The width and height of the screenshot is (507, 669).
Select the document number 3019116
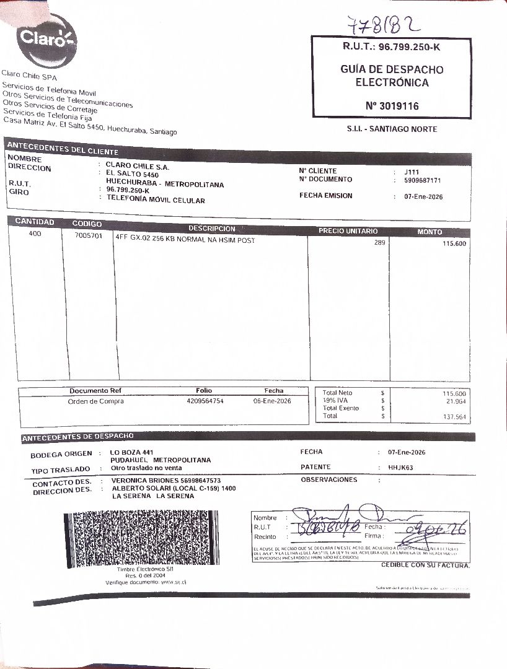pos(392,107)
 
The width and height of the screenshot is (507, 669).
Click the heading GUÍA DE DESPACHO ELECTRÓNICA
pos(392,76)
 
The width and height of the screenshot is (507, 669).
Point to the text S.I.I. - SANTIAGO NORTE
pos(392,129)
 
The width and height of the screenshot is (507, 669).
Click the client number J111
pos(411,172)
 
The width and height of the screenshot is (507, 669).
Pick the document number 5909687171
pos(422,180)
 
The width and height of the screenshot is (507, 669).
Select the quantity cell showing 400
pos(35,234)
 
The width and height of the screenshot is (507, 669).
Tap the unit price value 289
pos(379,243)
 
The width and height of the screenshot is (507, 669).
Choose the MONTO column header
pos(430,232)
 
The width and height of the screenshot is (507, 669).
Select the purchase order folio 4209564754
pos(205,401)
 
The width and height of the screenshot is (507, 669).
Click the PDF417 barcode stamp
pos(141,539)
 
